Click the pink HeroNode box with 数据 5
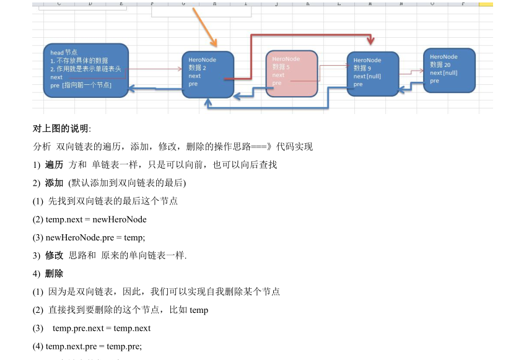(x=292, y=73)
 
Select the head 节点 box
(x=85, y=70)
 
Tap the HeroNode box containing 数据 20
(x=449, y=70)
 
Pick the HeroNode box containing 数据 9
(x=372, y=74)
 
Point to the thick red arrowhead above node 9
(x=371, y=42)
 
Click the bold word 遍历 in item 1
(x=54, y=165)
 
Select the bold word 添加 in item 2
(x=54, y=183)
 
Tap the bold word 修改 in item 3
(x=54, y=255)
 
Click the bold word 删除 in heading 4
(x=54, y=273)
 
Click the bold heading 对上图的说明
(x=61, y=129)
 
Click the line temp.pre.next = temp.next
(x=102, y=328)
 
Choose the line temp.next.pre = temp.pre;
(x=87, y=346)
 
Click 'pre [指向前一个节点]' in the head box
(x=81, y=85)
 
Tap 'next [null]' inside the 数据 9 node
(x=367, y=76)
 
